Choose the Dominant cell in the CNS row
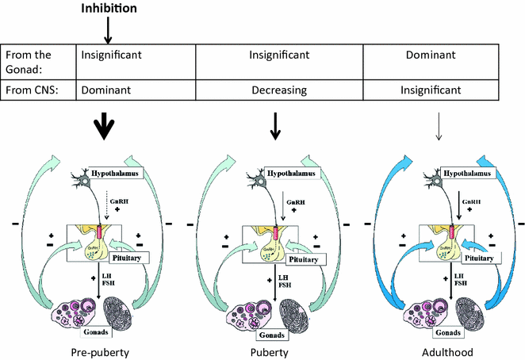point(102,91)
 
